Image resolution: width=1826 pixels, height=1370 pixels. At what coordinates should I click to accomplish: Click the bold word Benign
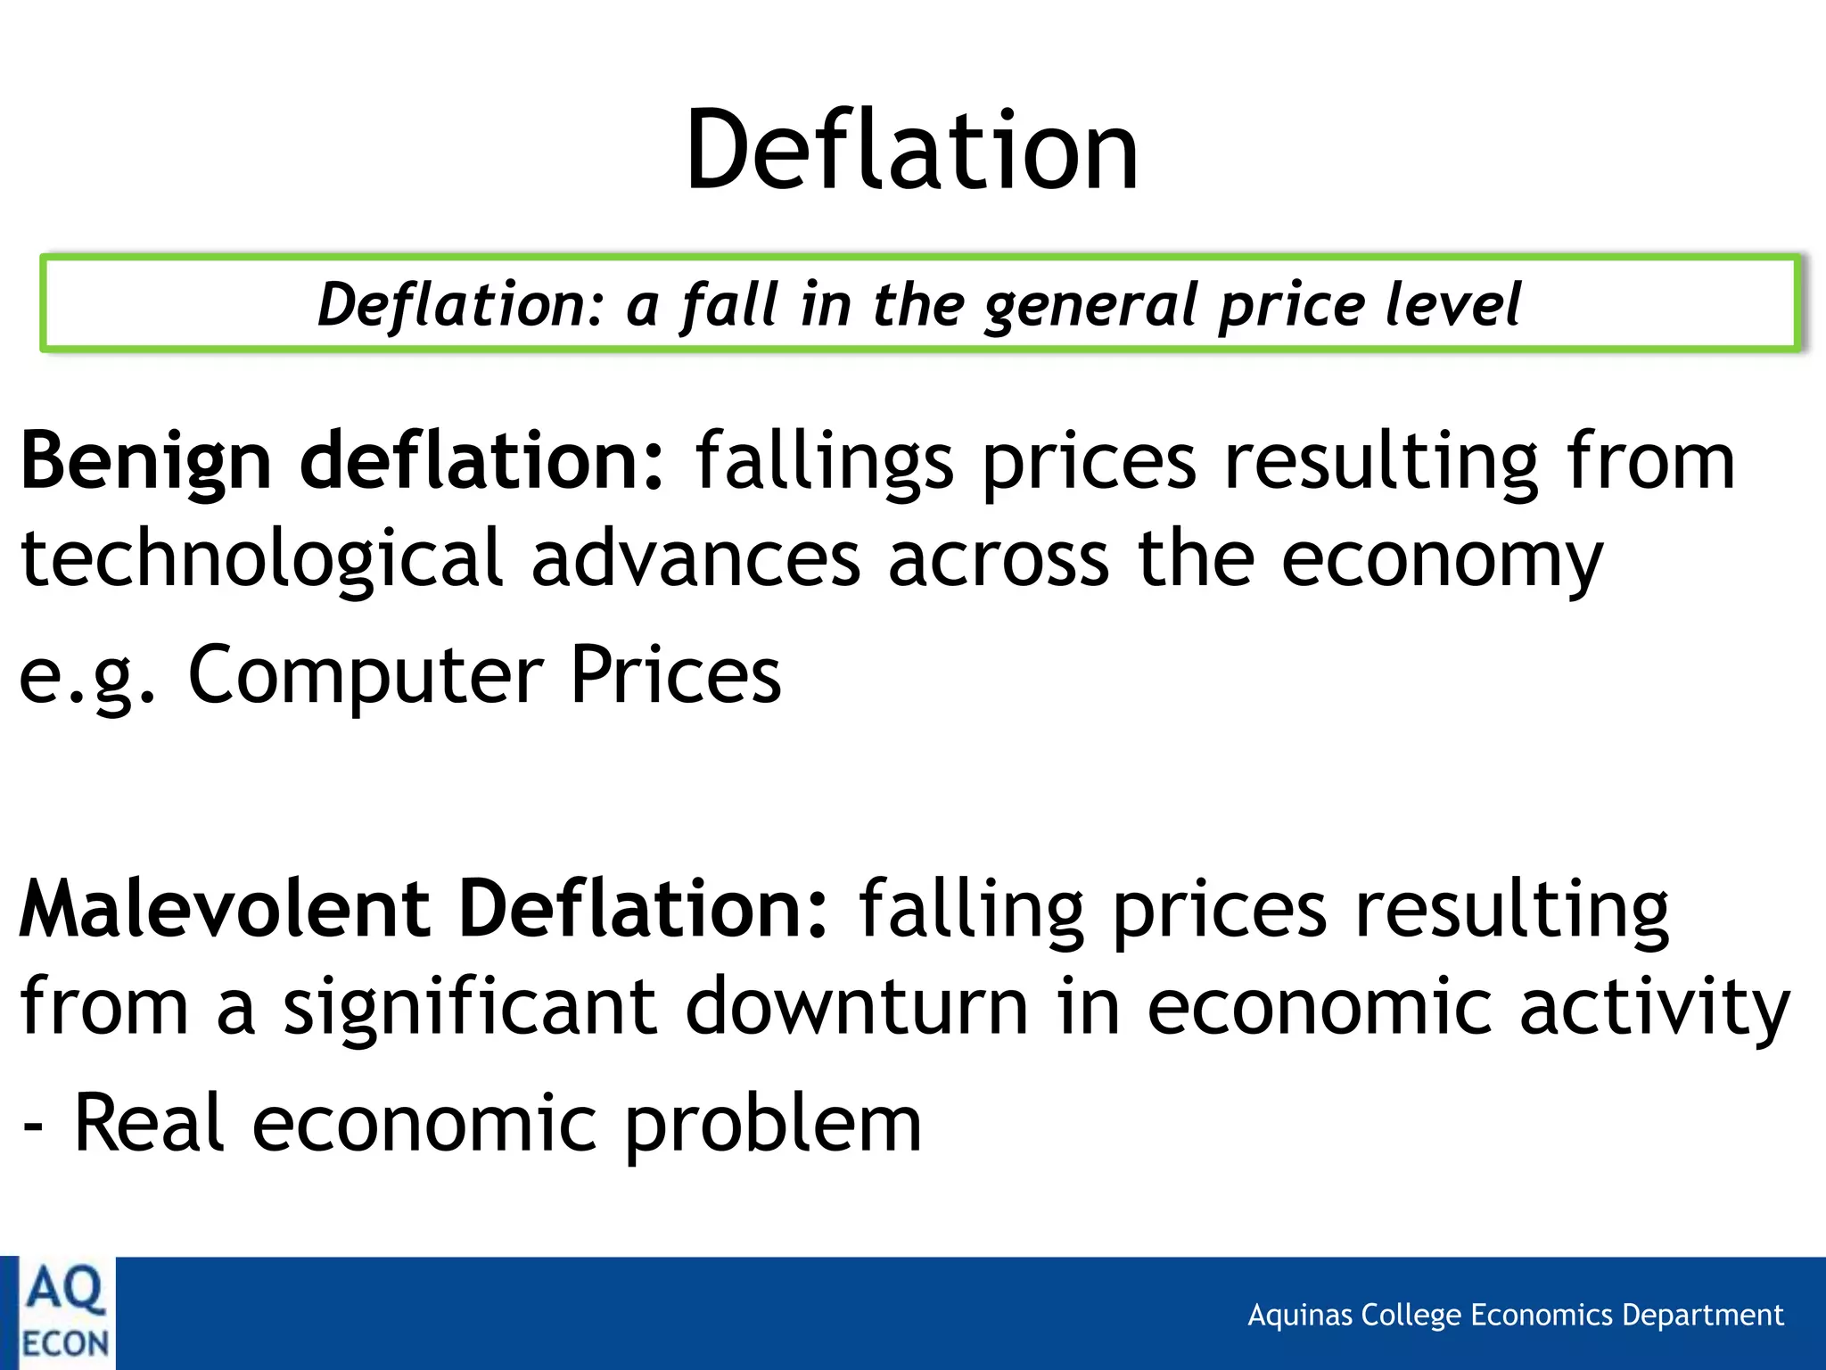[x=145, y=462]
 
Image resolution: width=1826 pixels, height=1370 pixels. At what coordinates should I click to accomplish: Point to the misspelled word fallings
[x=824, y=462]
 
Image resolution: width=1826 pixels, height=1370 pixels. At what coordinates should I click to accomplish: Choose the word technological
[x=262, y=559]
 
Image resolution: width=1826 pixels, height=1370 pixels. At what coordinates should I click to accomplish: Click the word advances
[x=695, y=559]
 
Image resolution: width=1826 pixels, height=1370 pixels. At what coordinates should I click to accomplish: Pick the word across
[x=999, y=559]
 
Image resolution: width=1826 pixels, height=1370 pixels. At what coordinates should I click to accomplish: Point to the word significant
[x=470, y=1008]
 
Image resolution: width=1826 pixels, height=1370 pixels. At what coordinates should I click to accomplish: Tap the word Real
[x=148, y=1124]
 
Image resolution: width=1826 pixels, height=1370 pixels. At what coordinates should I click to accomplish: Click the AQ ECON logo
[x=64, y=1314]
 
